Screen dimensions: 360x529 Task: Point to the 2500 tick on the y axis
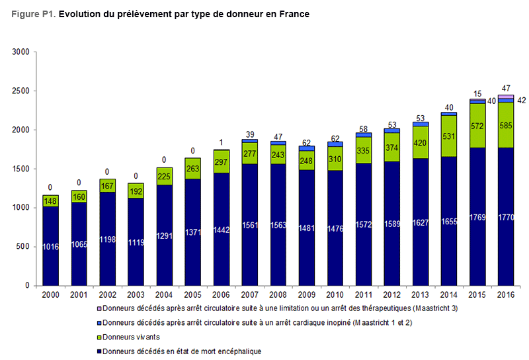tap(20, 91)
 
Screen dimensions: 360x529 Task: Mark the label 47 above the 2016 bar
tap(506, 88)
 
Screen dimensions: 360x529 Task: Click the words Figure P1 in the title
tap(33, 14)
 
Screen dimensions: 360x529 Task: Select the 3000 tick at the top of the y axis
tap(20, 52)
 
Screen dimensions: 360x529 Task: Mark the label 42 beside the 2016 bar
tap(520, 101)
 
